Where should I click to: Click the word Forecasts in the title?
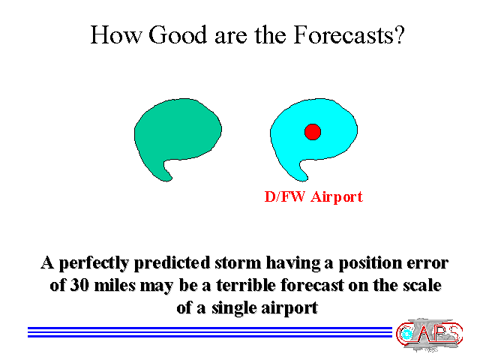coord(349,35)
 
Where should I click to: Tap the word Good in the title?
coord(178,35)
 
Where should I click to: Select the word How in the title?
coord(116,35)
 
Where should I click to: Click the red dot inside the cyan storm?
coord(313,132)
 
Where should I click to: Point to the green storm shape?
coord(178,132)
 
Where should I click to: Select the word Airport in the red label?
coord(337,197)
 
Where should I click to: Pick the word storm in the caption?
coord(238,263)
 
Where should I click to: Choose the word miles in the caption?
coord(115,285)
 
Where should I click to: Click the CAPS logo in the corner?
coord(429,334)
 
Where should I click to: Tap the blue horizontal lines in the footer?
coord(210,332)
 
